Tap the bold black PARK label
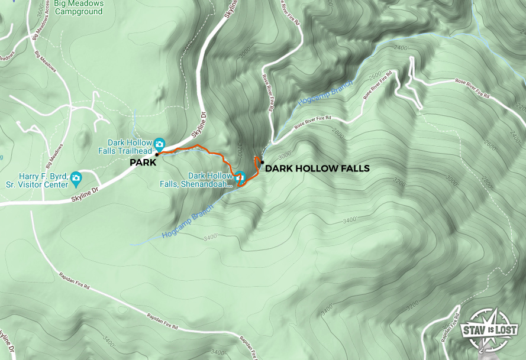143,161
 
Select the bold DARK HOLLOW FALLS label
317,168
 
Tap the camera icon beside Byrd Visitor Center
76,178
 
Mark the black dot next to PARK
157,155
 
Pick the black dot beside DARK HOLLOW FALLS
262,162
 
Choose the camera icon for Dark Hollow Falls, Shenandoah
240,177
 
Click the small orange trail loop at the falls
257,163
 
